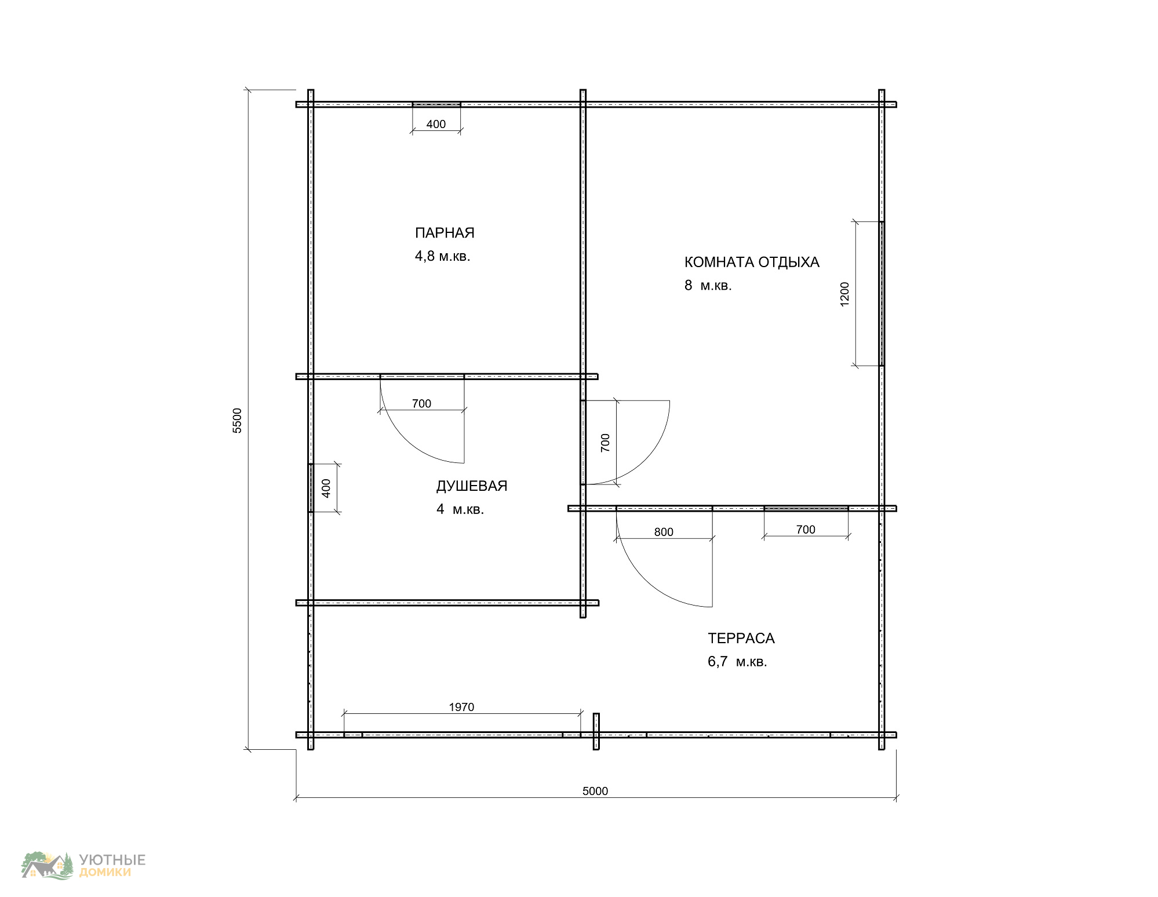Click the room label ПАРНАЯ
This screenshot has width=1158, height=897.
(445, 233)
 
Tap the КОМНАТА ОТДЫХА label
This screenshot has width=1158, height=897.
(752, 262)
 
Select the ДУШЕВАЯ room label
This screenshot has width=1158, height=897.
(472, 486)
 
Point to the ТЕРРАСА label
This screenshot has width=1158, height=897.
(741, 639)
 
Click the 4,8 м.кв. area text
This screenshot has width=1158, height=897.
(442, 256)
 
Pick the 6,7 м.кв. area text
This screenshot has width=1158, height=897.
(737, 662)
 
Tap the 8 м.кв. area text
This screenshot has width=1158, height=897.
(708, 285)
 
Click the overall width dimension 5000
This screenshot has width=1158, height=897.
(595, 792)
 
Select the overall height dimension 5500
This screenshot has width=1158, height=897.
(237, 421)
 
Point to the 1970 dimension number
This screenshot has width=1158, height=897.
(461, 707)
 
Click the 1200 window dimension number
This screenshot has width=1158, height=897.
(844, 294)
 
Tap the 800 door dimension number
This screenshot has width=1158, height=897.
(664, 532)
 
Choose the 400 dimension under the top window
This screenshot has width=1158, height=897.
(436, 124)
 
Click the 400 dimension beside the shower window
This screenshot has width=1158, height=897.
(326, 488)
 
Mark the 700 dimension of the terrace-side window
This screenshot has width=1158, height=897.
(806, 530)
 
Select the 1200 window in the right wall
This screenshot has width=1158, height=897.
(882, 294)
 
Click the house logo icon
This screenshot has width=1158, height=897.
(48, 866)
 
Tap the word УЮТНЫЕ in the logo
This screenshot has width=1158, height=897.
(112, 860)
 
